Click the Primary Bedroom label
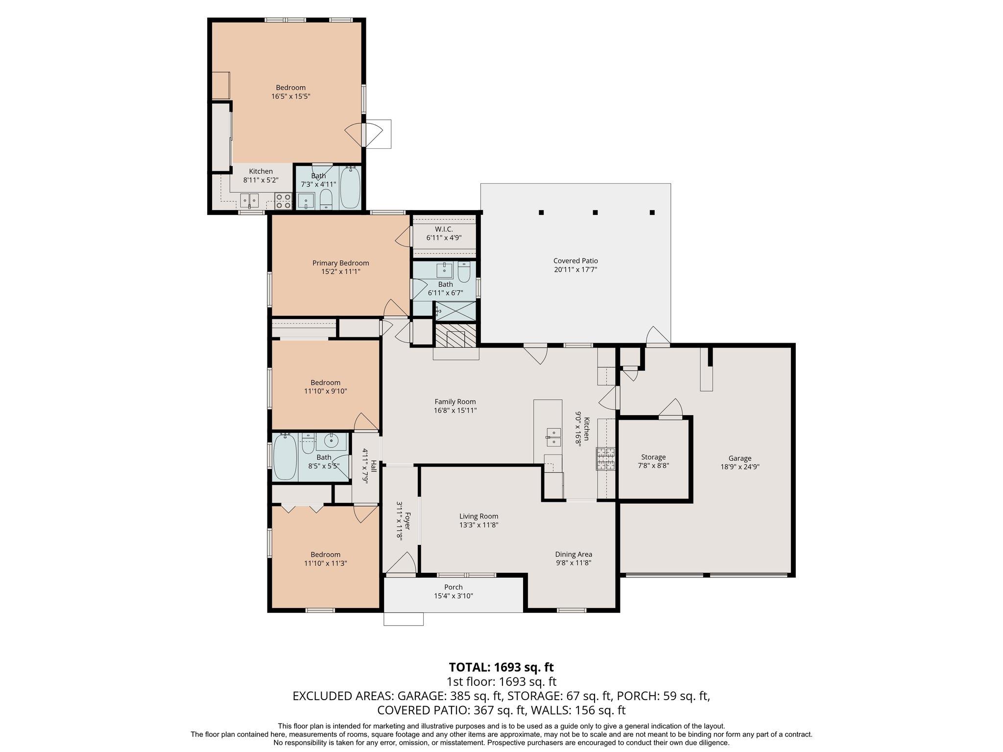(340, 263)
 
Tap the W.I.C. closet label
(444, 229)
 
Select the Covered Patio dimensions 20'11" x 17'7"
(575, 270)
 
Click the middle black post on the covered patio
(596, 212)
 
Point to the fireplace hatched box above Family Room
(455, 336)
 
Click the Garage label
(740, 458)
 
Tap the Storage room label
(653, 457)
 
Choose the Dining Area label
(573, 554)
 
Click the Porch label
(453, 587)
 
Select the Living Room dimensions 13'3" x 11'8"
(478, 525)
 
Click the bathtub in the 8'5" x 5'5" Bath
(285, 458)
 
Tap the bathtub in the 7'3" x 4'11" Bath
(350, 188)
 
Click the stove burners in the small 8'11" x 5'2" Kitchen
(283, 201)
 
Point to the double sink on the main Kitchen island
(554, 437)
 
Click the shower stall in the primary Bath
(455, 310)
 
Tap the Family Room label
(455, 401)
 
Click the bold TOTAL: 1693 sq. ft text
(501, 667)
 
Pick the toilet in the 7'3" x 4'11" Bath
(326, 200)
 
